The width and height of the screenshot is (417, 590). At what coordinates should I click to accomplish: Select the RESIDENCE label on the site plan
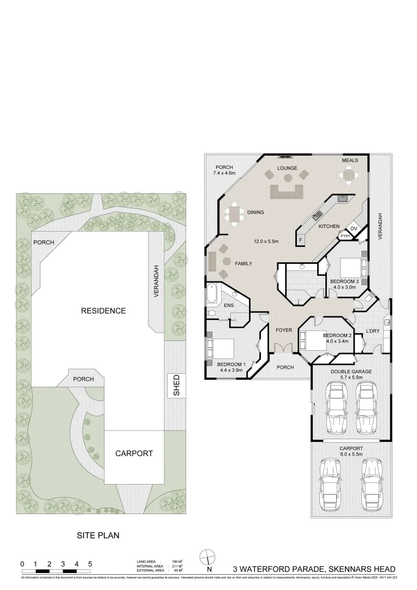tap(103, 311)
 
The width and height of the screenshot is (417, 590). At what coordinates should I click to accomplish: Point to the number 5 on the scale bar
tap(90, 564)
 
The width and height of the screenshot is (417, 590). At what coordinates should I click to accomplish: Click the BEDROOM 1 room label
tap(231, 364)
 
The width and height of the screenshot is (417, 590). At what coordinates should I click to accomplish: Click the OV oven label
tap(353, 228)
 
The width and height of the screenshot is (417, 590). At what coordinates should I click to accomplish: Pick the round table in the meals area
tap(348, 175)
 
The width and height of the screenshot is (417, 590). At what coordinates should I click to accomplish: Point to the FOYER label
tap(284, 331)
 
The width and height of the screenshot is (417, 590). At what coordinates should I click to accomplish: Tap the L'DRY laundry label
tap(373, 331)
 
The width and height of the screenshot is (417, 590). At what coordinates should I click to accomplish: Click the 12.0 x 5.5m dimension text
tap(266, 241)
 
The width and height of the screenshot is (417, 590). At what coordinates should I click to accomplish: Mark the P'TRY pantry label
tap(345, 236)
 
